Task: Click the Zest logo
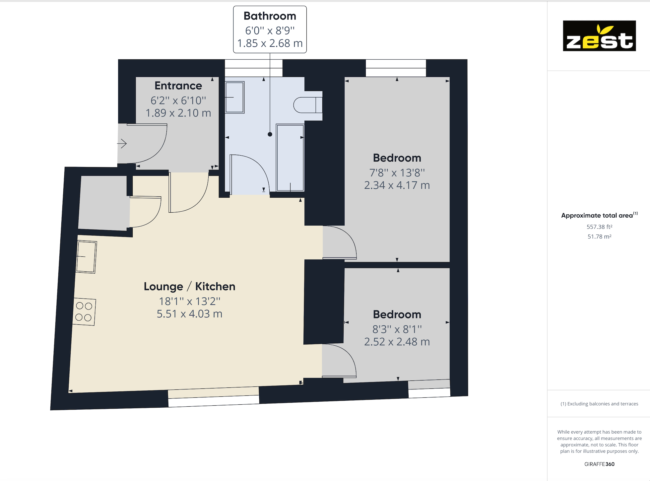coord(599,36)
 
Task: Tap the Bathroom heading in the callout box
coord(270,16)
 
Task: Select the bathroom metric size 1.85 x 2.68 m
coord(270,43)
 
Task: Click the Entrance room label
coord(178,86)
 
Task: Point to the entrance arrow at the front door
coord(122,144)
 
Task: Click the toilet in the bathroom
coord(308,105)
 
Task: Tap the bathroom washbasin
coord(235,98)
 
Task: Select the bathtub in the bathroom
coord(290,158)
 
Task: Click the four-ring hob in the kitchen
coord(85,312)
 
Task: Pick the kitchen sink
coord(86,257)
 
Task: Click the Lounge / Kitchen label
coord(190,286)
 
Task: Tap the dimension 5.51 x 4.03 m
coord(190,314)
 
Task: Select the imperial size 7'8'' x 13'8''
coord(397,173)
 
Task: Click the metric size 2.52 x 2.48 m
coord(397,342)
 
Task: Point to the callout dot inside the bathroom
coord(270,134)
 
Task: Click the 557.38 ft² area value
coord(599,227)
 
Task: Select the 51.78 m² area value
coord(599,237)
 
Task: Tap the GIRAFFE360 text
coord(599,464)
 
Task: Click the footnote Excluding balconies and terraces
coord(599,404)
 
